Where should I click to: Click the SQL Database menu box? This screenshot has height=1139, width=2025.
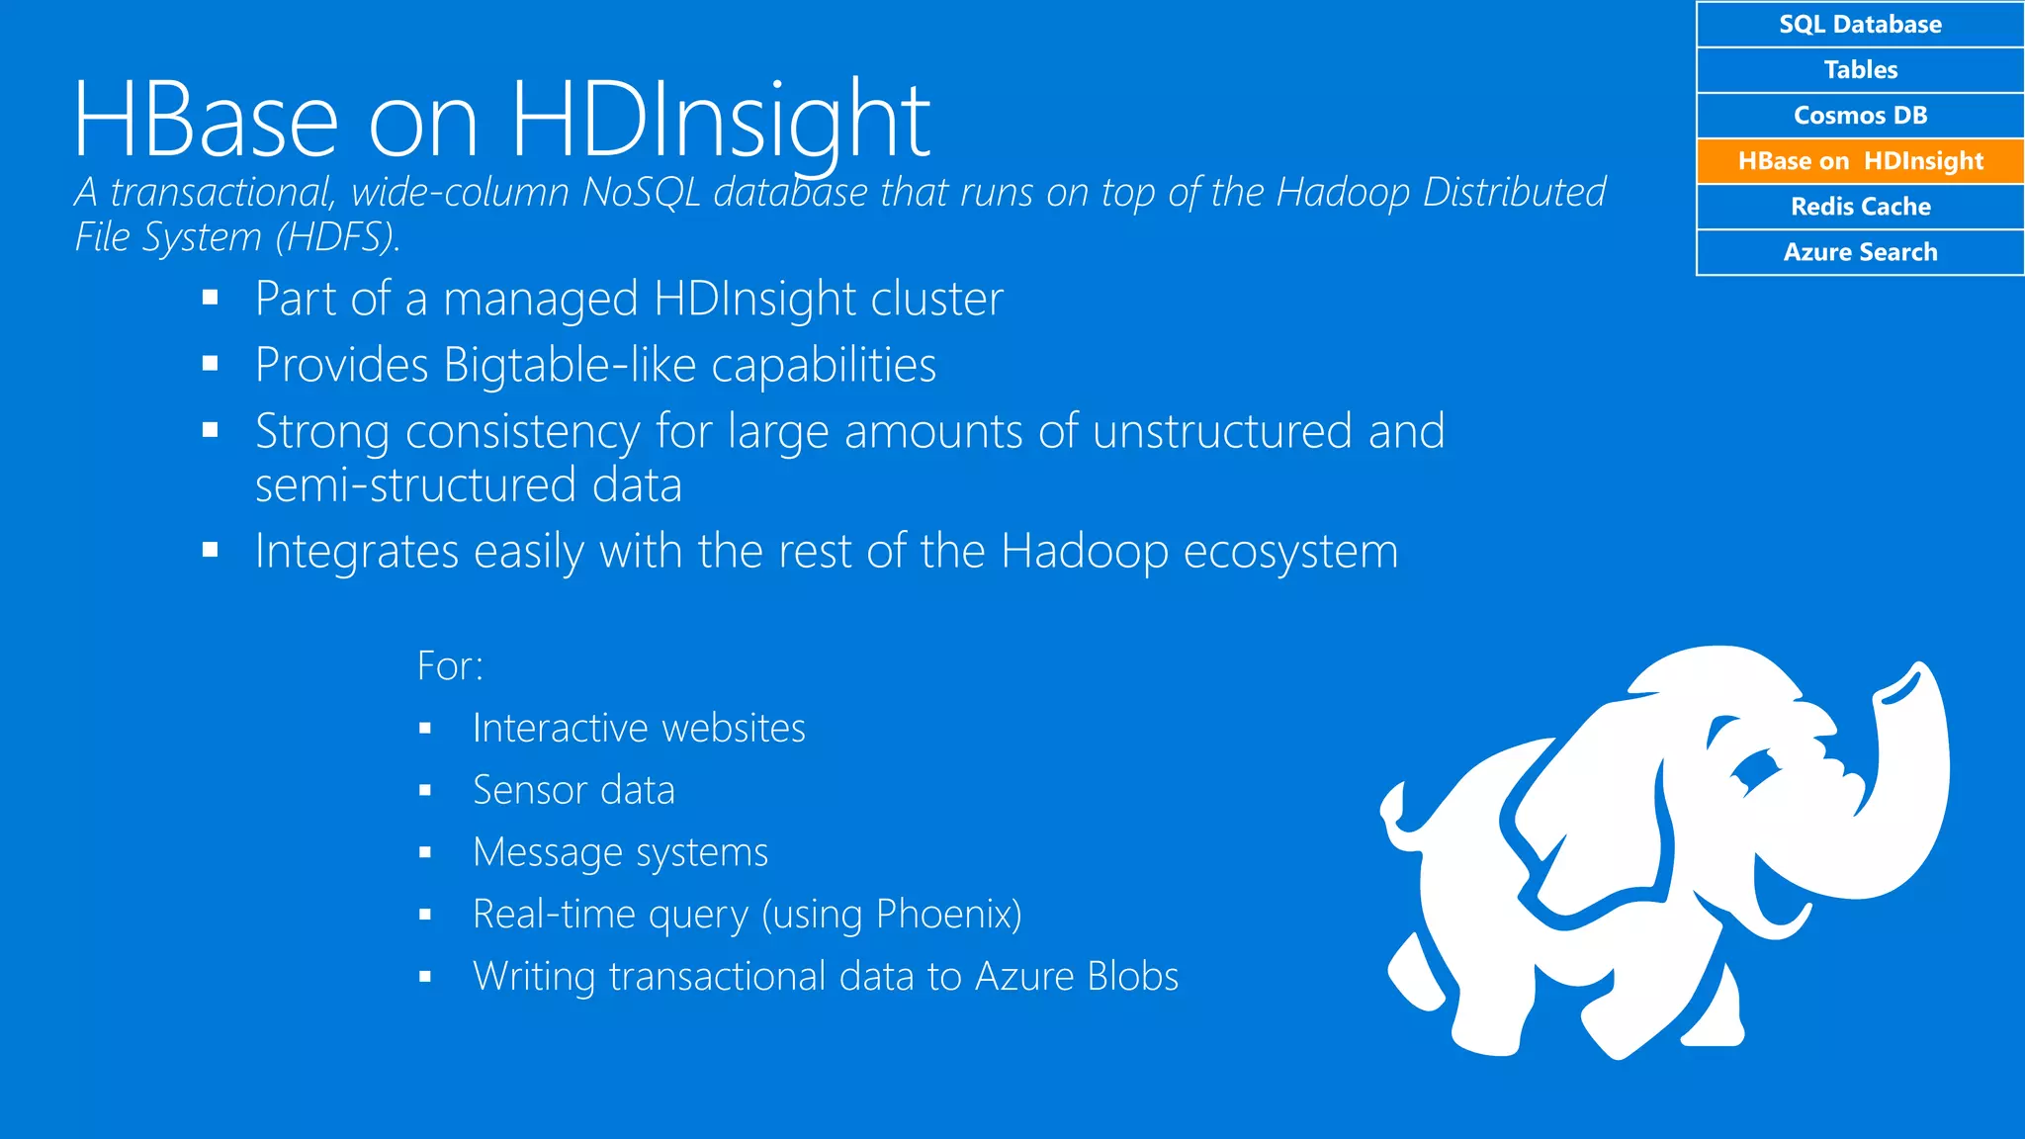pos(1860,24)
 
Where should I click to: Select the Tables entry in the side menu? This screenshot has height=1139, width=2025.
pos(1860,69)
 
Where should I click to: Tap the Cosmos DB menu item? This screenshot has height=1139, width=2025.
pos(1860,115)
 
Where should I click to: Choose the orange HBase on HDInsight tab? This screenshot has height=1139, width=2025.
pos(1860,160)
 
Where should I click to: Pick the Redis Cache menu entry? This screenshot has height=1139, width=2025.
pos(1860,206)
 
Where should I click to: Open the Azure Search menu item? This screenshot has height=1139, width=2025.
pos(1860,251)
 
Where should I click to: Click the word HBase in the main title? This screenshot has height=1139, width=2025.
pos(206,121)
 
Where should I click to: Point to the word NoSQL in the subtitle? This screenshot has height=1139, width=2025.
pos(642,192)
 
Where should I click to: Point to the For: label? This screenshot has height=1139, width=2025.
pos(450,665)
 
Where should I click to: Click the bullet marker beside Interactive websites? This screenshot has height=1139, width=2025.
pos(425,730)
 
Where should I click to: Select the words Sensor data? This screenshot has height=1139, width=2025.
pos(573,790)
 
